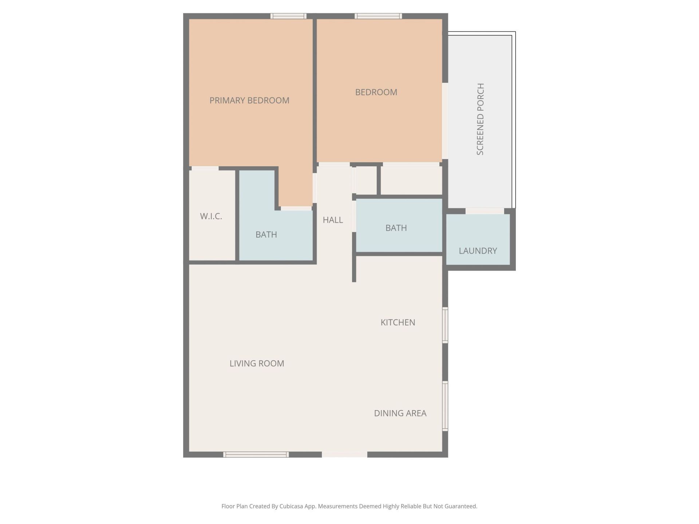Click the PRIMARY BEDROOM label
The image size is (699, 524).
point(249,100)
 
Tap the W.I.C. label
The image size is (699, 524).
point(211,217)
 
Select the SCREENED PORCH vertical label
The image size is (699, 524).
point(481,119)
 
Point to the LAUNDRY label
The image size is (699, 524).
point(478,251)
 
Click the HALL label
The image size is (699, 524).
point(333,220)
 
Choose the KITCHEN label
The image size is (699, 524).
point(398,322)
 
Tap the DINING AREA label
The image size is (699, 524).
point(400,413)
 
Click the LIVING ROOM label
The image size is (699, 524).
point(257,364)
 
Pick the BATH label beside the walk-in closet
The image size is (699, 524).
point(266,235)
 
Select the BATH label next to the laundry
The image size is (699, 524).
point(396,228)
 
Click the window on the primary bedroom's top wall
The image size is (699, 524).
point(288,16)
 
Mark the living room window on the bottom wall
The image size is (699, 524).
point(256,454)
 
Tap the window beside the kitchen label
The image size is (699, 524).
point(445,325)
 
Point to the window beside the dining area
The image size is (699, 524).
point(445,406)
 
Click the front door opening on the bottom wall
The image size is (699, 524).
point(344,454)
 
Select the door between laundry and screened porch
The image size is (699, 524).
point(485,211)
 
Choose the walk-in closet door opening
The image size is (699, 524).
point(205,168)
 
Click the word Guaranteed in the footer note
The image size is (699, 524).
point(458,507)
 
